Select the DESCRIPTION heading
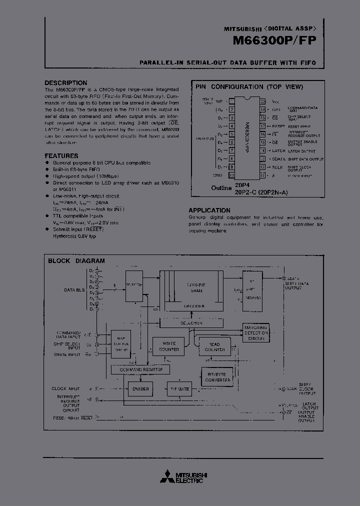point(65,83)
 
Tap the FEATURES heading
point(61,156)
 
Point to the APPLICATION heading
point(209,210)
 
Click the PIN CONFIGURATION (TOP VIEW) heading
point(249,87)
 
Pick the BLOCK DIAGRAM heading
point(76,261)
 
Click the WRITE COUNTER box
point(168,346)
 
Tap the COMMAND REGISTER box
point(140,369)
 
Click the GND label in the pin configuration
point(218,175)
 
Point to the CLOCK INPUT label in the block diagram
point(65,388)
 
